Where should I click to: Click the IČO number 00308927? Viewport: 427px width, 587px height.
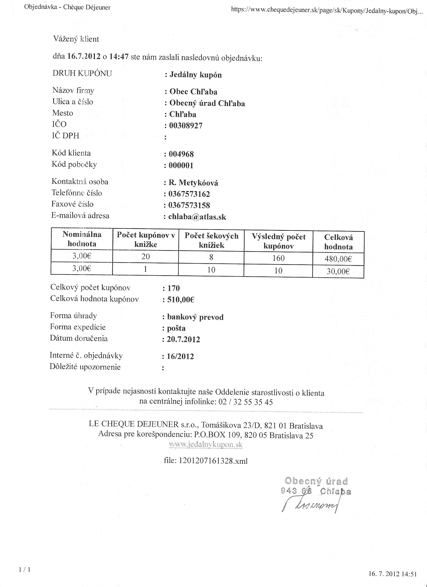(x=186, y=126)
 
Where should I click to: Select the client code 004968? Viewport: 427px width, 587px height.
(x=181, y=154)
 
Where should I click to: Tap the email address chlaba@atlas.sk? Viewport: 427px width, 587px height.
(x=197, y=217)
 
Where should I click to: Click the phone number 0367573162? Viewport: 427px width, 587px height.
(x=189, y=194)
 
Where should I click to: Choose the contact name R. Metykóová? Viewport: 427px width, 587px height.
(x=193, y=183)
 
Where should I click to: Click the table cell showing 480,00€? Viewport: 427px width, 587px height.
(x=338, y=259)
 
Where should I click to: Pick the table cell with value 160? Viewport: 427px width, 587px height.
(x=278, y=258)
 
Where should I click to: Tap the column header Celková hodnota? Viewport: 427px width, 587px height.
(x=338, y=242)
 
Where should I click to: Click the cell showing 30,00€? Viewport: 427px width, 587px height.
(x=338, y=271)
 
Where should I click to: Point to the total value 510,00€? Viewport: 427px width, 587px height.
(x=181, y=300)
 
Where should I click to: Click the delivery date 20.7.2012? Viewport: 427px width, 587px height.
(x=183, y=339)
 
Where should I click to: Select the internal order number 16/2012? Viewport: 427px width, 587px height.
(x=180, y=357)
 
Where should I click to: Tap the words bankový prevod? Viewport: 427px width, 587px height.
(x=195, y=317)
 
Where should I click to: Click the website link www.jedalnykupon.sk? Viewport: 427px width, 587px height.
(x=206, y=444)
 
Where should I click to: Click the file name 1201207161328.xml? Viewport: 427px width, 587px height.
(x=206, y=461)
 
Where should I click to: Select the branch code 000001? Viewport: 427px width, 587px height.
(x=181, y=165)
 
